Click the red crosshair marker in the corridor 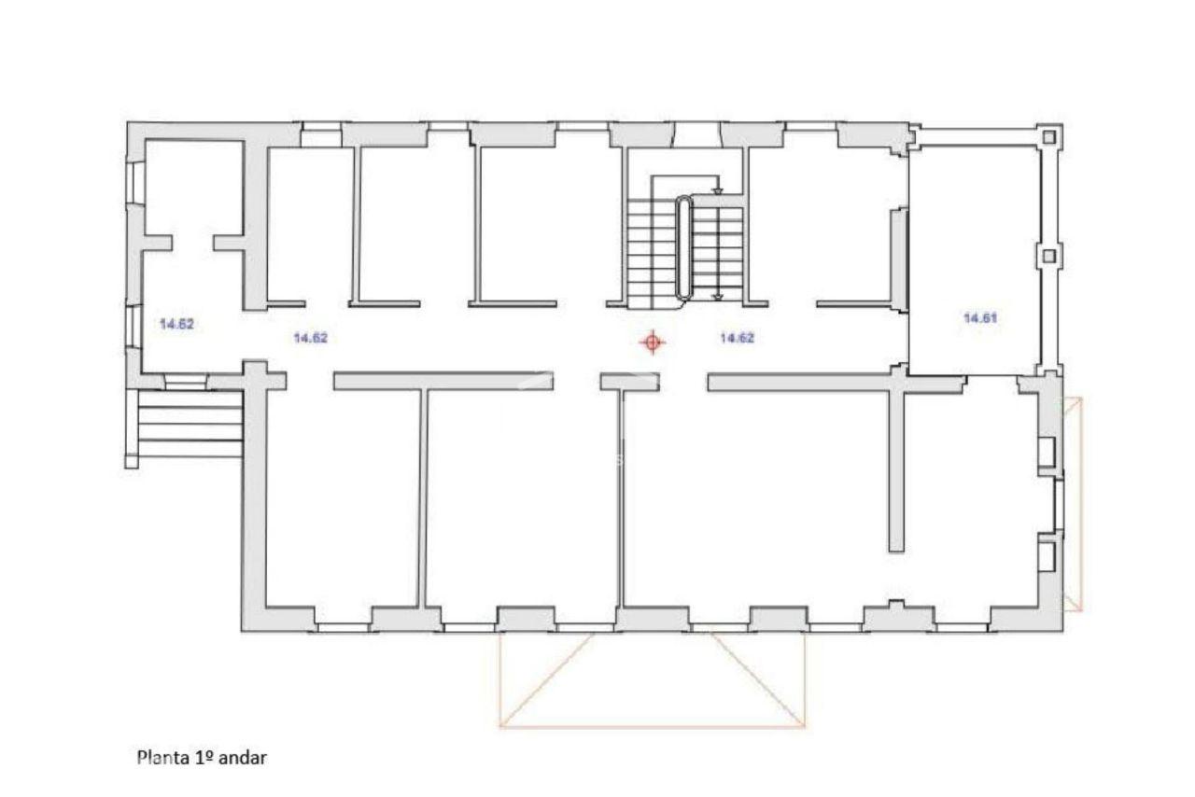tap(652, 343)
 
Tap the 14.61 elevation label tap(980, 318)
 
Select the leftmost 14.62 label tap(176, 324)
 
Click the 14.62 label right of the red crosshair tap(737, 338)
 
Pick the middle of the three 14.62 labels tap(310, 338)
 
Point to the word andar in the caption tap(242, 758)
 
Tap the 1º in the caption tap(204, 757)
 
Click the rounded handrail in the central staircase tap(684, 247)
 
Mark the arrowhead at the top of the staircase tap(718, 190)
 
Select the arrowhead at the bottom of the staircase tap(718, 298)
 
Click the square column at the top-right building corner tap(1048, 137)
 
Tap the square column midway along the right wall tap(1048, 256)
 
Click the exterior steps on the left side tap(190, 424)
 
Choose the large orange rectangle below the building tap(652, 679)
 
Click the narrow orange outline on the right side tap(1073, 504)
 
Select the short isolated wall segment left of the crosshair tap(629, 382)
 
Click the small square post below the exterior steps tap(132, 461)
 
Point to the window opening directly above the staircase tap(697, 134)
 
